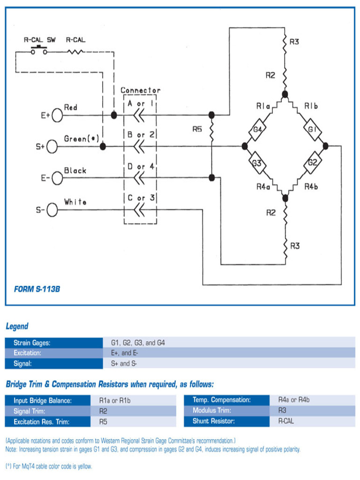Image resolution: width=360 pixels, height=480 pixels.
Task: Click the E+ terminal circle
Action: (x=57, y=115)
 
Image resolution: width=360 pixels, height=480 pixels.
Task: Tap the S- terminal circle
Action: (x=52, y=210)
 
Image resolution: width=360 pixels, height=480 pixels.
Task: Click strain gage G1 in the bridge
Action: (x=313, y=129)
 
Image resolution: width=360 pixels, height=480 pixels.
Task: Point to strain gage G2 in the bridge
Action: (x=313, y=163)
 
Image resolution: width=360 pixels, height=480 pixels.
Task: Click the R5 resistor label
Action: (x=197, y=129)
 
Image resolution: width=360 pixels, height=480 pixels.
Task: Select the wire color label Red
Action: (x=70, y=107)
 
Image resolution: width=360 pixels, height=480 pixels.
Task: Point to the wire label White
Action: (x=75, y=202)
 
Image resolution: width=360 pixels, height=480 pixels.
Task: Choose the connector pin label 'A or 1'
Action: (x=141, y=103)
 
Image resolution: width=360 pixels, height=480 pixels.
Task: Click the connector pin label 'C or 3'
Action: (x=141, y=198)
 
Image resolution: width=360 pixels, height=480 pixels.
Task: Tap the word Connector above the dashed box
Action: (x=140, y=90)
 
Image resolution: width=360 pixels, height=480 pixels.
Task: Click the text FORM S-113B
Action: (x=37, y=289)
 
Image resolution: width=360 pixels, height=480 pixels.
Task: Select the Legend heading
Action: (x=17, y=326)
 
